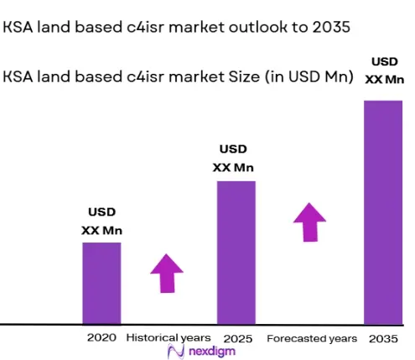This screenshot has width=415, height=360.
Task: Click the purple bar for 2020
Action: [101, 284]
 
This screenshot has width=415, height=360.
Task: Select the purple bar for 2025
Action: [236, 253]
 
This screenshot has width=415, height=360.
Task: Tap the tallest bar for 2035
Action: [383, 212]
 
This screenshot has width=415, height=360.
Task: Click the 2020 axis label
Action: [101, 337]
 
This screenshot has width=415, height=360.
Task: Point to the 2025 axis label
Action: [238, 339]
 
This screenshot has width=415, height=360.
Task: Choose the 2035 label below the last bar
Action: [383, 339]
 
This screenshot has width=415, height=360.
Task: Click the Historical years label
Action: [169, 338]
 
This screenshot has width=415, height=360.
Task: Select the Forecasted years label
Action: [312, 339]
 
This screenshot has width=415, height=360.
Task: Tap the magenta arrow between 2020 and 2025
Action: [167, 274]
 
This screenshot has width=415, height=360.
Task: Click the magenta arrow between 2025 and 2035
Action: [310, 222]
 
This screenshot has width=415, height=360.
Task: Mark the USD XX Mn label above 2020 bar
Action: [102, 222]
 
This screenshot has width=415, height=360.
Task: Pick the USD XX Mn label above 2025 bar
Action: [233, 159]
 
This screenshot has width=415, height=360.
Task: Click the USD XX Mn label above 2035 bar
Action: [385, 70]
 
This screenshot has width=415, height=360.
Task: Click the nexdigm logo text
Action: [212, 352]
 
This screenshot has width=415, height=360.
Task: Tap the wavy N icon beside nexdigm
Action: [176, 352]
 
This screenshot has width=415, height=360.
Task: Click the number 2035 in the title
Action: [331, 27]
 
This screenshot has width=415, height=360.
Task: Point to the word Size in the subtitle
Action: [244, 76]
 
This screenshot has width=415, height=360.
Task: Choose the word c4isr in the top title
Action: [145, 27]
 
